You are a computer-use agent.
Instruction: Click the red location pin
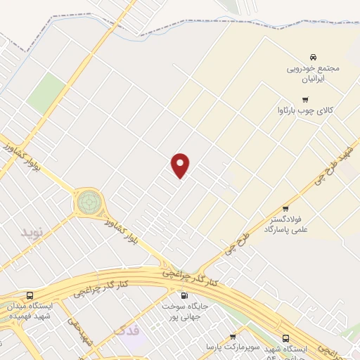181,165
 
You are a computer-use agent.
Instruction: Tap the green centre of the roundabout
89,201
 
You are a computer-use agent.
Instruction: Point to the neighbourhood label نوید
32,231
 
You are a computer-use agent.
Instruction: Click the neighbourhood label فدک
127,329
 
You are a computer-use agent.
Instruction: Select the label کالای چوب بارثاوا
304,110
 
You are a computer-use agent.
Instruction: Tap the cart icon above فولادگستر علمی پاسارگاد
285,209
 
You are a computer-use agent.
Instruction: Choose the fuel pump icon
184,296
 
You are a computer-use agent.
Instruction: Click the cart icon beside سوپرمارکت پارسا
233,337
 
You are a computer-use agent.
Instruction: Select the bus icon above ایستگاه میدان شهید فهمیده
30,296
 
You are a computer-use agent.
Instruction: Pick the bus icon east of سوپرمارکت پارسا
285,338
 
